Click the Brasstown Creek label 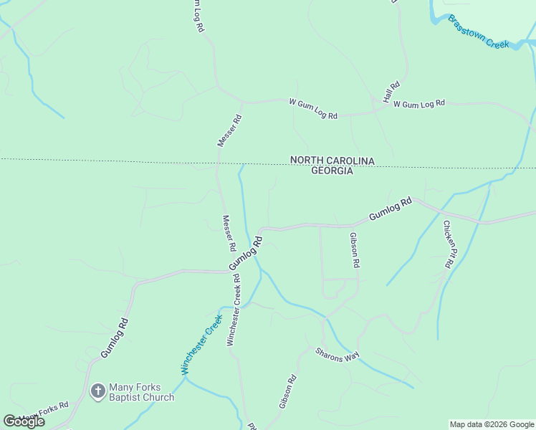(x=478, y=32)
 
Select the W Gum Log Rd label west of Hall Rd (x=313, y=109)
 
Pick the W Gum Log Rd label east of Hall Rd (x=419, y=104)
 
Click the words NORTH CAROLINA (x=332, y=161)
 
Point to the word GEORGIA (x=332, y=171)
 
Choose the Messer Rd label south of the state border (x=229, y=233)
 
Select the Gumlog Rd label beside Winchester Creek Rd (x=247, y=254)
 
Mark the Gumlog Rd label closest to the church (x=114, y=338)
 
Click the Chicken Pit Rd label (x=448, y=244)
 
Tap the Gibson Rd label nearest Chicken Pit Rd (x=354, y=249)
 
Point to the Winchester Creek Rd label (x=234, y=310)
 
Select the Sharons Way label (x=338, y=355)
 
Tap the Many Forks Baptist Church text (x=141, y=392)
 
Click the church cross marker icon (x=98, y=392)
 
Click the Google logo (x=24, y=421)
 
